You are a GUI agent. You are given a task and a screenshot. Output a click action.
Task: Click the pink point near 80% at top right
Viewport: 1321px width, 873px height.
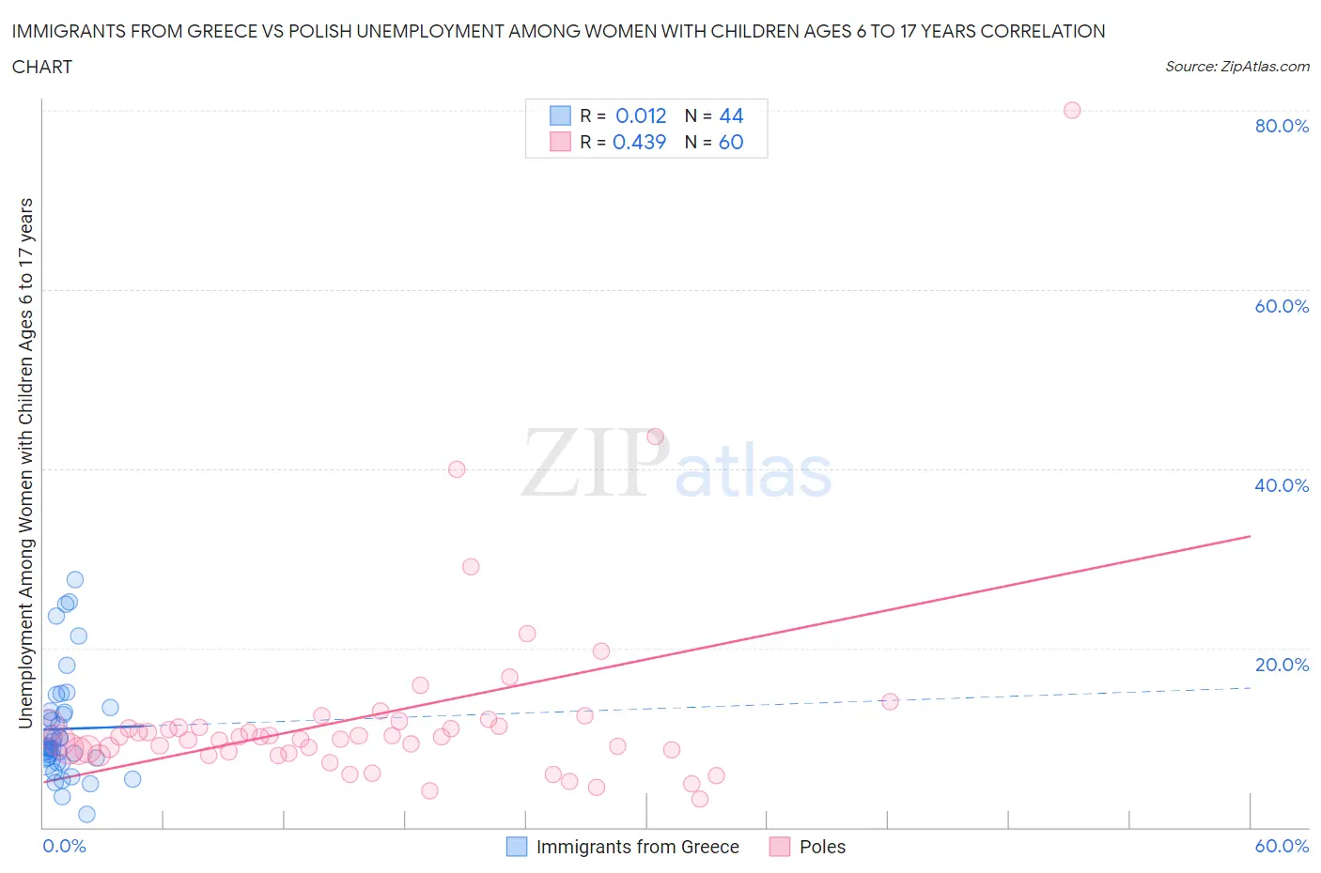(x=1072, y=110)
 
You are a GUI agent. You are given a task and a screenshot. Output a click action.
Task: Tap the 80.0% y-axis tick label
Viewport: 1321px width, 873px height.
(x=1282, y=126)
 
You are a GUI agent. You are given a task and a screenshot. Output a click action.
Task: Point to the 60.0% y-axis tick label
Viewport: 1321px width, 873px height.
(x=1282, y=306)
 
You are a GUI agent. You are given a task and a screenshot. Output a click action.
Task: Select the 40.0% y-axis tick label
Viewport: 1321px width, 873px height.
(x=1282, y=485)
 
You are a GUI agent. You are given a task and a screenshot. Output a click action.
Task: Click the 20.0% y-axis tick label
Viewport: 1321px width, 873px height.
(x=1282, y=665)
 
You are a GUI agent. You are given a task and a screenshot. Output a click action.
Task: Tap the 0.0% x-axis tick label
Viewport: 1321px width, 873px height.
(x=64, y=846)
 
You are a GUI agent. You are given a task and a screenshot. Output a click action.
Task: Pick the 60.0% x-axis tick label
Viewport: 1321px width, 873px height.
(x=1282, y=846)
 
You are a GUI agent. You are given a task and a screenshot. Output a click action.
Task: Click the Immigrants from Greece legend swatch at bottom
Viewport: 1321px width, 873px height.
(x=517, y=847)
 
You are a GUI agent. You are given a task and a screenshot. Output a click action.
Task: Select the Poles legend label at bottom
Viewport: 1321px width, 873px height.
(x=822, y=847)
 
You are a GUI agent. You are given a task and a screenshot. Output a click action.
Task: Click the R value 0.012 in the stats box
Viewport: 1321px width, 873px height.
(x=641, y=115)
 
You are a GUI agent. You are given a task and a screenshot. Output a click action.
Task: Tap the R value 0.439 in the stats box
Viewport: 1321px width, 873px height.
(x=639, y=142)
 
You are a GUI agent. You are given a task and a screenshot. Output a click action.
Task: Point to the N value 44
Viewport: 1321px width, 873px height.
(x=731, y=115)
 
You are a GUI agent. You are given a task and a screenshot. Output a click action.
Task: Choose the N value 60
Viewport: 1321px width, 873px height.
(x=731, y=142)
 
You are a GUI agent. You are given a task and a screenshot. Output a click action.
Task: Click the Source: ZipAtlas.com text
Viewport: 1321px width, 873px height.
(x=1236, y=66)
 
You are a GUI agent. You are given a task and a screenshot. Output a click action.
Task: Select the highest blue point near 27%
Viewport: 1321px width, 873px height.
(x=75, y=579)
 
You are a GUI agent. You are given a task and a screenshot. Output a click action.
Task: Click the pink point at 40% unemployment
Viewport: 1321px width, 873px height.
(x=457, y=469)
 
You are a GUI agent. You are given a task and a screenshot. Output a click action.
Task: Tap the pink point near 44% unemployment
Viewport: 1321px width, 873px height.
(x=656, y=436)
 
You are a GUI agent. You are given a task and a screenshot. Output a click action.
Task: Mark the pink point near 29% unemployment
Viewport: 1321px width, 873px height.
(x=471, y=566)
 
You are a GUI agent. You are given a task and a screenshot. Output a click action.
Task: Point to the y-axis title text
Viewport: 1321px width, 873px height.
(x=25, y=463)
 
